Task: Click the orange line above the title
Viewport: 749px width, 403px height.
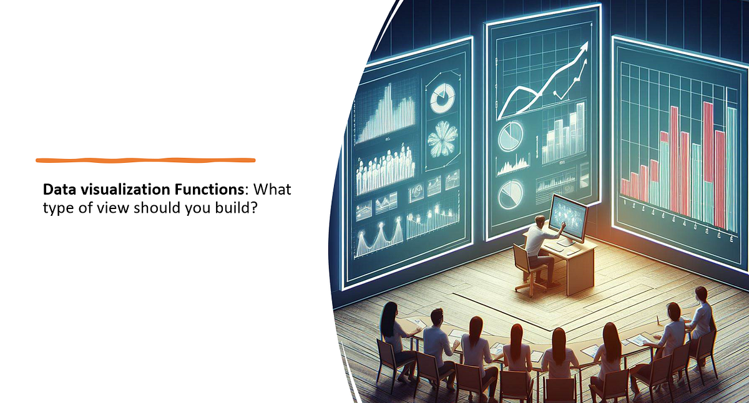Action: (x=145, y=160)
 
